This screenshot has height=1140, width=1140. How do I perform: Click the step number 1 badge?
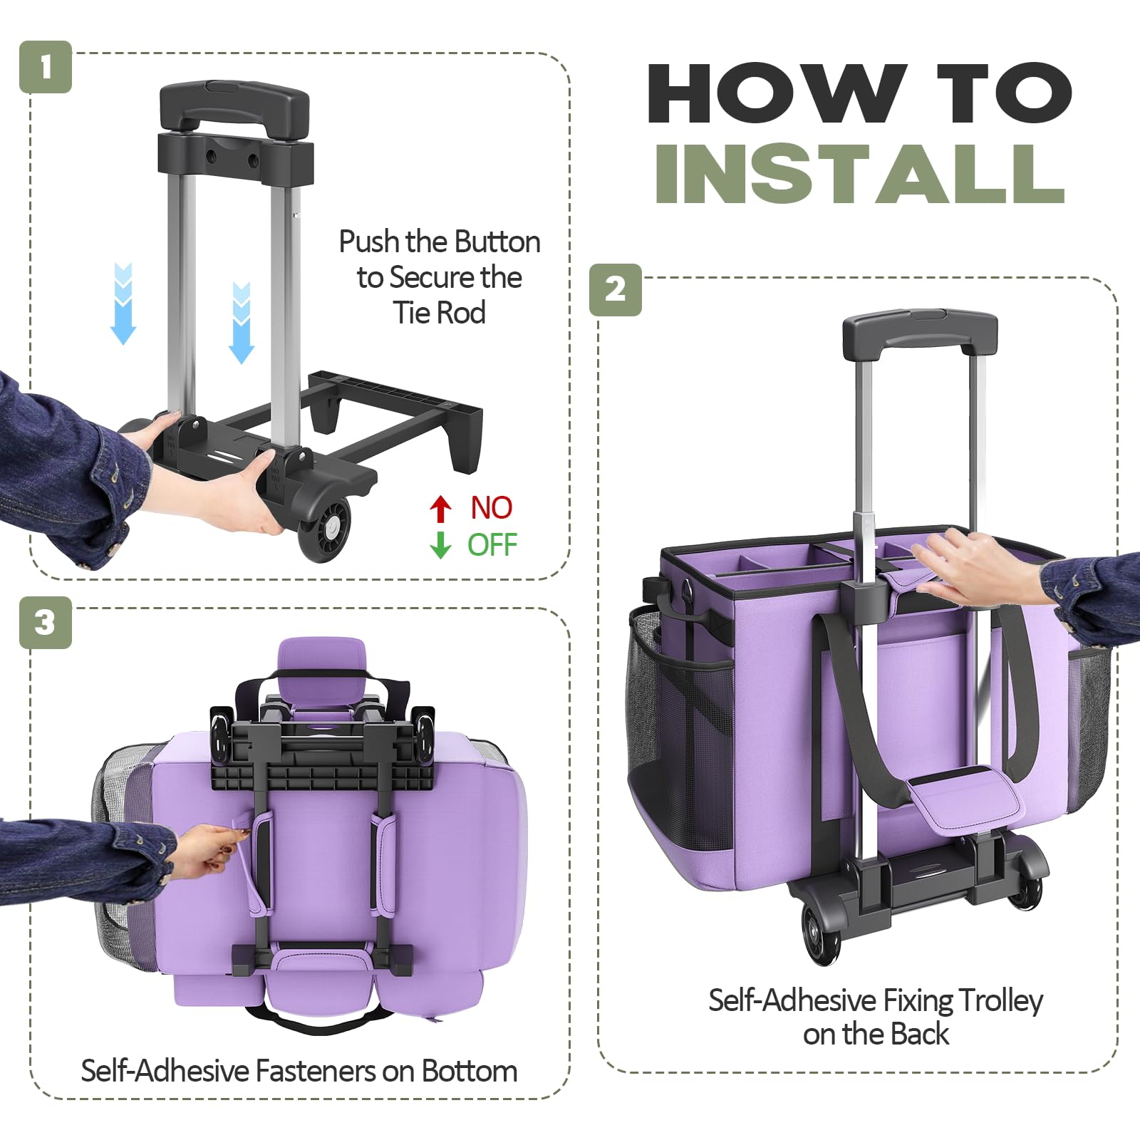point(46,67)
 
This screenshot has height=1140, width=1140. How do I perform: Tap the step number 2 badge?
point(616,290)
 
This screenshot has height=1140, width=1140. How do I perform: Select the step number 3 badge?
point(46,623)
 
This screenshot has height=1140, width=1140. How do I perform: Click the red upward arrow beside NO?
point(441,509)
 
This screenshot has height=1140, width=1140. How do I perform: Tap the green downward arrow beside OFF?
point(441,545)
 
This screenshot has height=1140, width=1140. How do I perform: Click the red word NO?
point(492,508)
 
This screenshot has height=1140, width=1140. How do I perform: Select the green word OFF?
point(492,545)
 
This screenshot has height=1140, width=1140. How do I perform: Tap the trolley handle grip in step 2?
point(920,333)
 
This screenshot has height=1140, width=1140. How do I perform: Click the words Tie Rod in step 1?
point(440,313)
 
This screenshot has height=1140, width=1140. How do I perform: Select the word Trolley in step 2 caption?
point(1000,1002)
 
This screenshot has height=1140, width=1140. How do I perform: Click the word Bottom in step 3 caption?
point(470,1071)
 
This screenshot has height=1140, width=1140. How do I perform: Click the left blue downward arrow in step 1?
point(123,304)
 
